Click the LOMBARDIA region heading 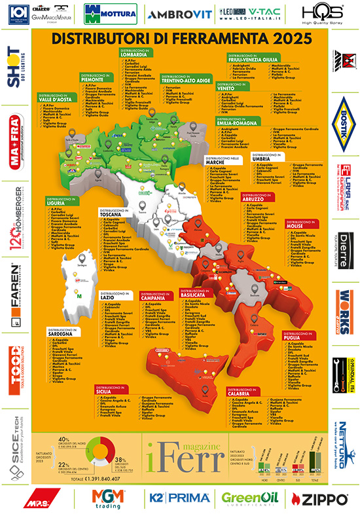point(133,56)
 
